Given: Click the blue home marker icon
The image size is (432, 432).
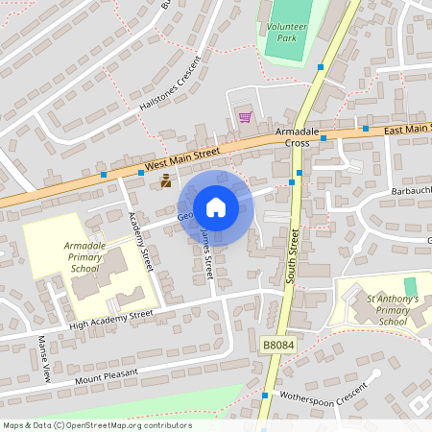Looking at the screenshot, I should pos(216,207).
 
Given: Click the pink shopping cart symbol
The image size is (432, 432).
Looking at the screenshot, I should pos(244,117).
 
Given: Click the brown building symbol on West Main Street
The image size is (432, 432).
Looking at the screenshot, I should pos(166,180).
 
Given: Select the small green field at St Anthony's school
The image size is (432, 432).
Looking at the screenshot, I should pos(411,286).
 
